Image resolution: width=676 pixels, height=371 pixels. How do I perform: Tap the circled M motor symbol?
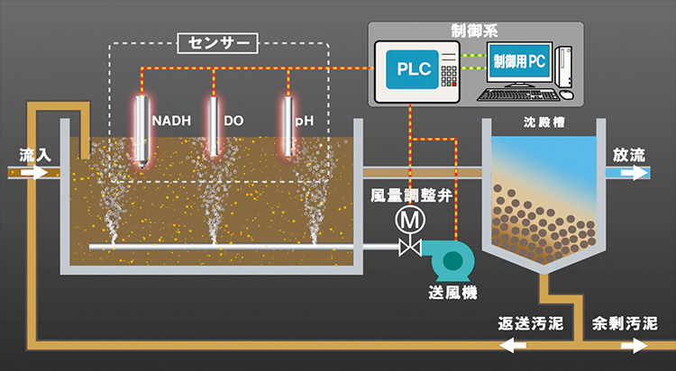pyautogui.click(x=411, y=219)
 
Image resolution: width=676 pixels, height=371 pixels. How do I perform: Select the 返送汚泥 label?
pyautogui.click(x=532, y=322)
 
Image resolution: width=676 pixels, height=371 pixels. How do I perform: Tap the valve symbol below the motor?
pyautogui.click(x=411, y=245)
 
